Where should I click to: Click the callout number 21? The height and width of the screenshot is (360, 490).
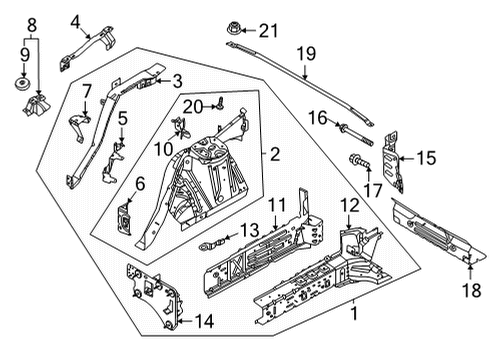point(265,33)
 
